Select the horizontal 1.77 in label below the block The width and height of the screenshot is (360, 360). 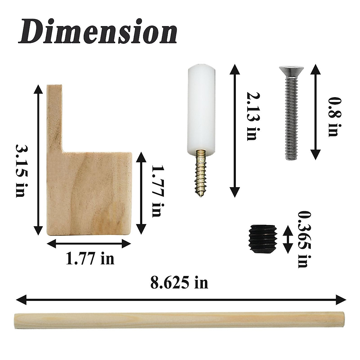click(90, 259)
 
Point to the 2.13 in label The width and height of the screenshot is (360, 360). click(251, 116)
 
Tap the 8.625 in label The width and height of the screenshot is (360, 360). click(179, 283)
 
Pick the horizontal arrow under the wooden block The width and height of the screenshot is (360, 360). click(89, 244)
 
